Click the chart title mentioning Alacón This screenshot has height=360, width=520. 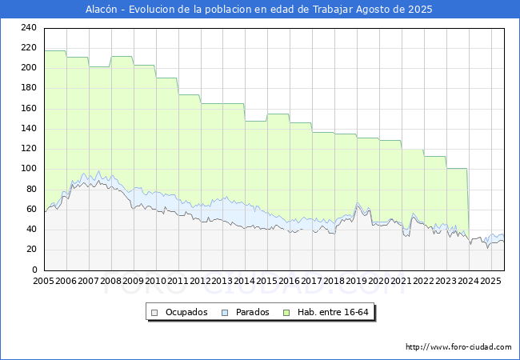259,10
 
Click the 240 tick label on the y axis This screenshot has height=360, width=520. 29,27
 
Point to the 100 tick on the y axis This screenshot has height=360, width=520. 29,169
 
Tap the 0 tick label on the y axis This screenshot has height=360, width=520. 34,270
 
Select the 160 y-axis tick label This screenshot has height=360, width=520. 29,108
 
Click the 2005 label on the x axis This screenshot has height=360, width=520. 44,281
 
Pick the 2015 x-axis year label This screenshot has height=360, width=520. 267,281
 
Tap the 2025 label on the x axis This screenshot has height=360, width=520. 490,281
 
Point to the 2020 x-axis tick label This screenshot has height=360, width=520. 379,281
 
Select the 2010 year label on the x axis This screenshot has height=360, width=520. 155,281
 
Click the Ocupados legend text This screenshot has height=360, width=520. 186,312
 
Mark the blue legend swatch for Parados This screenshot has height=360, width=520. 226,312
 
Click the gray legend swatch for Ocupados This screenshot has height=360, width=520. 155,312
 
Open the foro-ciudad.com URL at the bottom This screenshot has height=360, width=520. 458,347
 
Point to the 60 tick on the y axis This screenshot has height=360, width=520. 31,209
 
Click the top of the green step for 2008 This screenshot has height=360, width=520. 122,56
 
